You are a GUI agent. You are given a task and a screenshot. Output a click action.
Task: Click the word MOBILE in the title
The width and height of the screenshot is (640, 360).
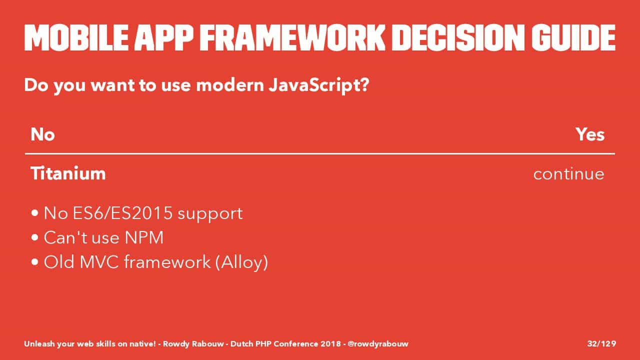coord(76,37)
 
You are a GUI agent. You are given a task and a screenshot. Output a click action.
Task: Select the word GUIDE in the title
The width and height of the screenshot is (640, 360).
coord(573,37)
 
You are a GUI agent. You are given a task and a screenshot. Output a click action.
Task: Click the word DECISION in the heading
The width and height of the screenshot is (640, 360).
coord(458,37)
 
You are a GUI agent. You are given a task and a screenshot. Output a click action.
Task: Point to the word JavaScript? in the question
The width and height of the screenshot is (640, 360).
coord(319,85)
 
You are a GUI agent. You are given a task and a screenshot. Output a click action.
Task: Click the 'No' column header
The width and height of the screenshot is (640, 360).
coord(42,134)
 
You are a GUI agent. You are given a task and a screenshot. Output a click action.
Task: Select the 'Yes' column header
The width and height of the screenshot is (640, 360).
coord(590,134)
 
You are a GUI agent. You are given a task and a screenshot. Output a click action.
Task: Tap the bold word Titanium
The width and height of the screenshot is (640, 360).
coord(68,173)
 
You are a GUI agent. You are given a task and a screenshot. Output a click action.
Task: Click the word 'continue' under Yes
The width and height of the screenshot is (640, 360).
coord(569,173)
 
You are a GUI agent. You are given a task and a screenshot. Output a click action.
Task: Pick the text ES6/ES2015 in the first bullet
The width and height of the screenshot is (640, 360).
coord(123,213)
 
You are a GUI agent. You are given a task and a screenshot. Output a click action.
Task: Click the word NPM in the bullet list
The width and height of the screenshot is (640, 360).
coord(144,237)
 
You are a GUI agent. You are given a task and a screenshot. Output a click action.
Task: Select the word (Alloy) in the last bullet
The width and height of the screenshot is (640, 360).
coord(241,262)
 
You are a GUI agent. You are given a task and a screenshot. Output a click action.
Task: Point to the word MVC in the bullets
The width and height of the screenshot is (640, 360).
coord(99,261)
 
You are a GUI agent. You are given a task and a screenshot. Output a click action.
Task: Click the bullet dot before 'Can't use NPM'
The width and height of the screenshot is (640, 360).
coord(35,237)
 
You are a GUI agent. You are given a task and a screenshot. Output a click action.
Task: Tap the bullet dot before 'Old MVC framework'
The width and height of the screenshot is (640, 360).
coord(35,262)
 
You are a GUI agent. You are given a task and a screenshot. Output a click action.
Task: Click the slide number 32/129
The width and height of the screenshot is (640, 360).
coord(601,343)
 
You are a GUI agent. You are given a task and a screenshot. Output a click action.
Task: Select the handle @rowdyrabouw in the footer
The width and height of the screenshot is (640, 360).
coord(378,343)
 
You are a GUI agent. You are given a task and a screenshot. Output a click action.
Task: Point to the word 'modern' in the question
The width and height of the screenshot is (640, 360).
coord(230,85)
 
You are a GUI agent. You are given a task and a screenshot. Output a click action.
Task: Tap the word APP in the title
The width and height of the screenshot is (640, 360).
coord(164,37)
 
